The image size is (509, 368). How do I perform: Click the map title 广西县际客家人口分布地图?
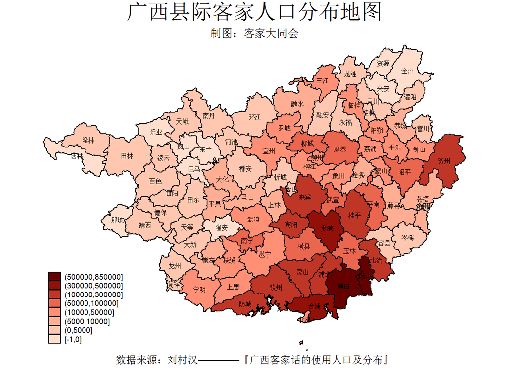point(254,12)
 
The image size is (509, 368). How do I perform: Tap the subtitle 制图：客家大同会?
point(254,34)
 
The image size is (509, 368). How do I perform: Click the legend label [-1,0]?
point(73,340)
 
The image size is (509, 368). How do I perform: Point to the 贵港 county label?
point(327,229)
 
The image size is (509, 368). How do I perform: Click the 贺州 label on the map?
point(444,161)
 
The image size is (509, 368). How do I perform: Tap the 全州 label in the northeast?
point(407,71)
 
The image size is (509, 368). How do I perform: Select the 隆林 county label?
point(88,141)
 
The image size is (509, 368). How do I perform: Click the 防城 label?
point(245,304)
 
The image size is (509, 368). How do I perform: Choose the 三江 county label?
point(322,80)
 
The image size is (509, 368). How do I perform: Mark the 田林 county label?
point(127,155)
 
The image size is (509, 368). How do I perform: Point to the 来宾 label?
point(305,197)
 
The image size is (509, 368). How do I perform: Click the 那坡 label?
point(118,220)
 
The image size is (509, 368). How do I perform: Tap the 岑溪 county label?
point(407,238)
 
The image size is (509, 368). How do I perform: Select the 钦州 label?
point(276,288)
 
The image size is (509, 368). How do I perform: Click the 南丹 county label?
point(209,116)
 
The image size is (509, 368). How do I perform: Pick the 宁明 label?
point(199,289)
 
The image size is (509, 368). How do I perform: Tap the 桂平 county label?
point(355,215)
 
